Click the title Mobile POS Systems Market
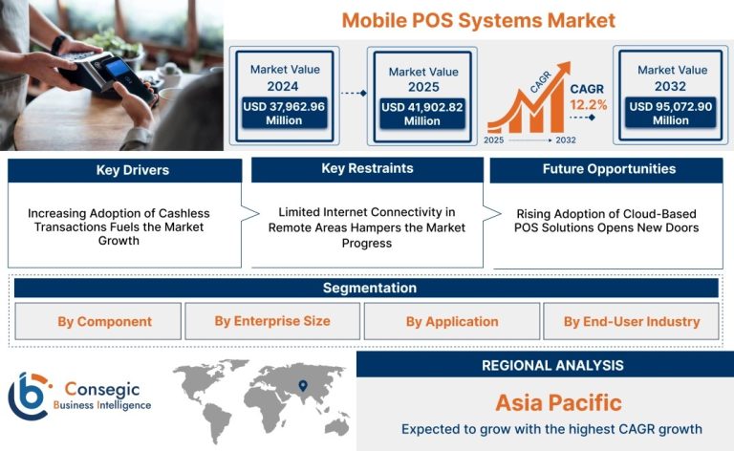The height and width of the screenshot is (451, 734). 479,21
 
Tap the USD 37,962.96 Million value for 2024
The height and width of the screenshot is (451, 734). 284,113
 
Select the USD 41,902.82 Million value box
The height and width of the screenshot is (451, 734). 422,114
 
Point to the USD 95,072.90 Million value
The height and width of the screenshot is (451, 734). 671,113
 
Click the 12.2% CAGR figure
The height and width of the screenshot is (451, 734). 589,105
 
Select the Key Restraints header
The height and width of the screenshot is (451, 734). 367,169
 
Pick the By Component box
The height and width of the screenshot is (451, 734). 97,321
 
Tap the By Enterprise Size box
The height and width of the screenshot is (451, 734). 272,321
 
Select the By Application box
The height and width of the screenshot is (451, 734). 452,321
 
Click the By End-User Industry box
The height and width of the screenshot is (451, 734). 631,321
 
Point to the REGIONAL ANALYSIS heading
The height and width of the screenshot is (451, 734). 552,365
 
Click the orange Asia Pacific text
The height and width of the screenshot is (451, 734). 558,403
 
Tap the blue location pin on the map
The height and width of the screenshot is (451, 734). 303,386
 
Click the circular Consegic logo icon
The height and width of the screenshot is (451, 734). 29,396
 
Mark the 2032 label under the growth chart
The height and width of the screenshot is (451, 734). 566,140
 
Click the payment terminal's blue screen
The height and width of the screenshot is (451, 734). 117,68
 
